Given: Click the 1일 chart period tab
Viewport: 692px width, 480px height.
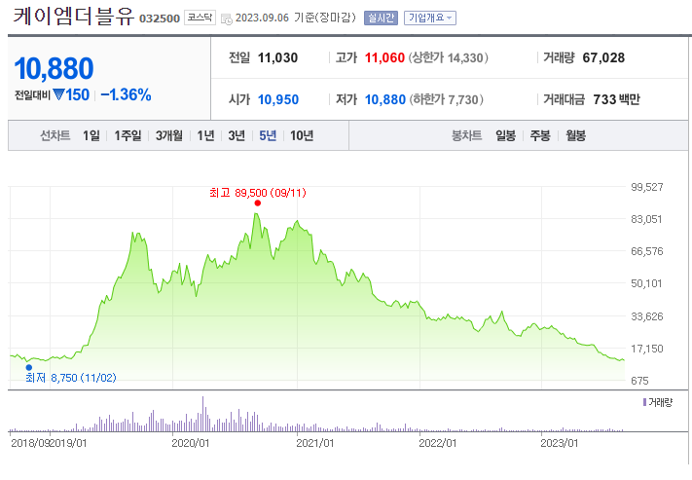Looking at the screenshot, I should tap(91, 135).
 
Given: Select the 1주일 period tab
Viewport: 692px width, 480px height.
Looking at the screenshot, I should tap(127, 135).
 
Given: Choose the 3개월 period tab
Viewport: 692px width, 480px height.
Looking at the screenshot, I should tap(168, 135).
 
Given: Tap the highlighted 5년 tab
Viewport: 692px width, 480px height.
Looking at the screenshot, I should tap(267, 135).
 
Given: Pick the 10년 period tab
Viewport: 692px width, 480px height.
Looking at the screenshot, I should tap(302, 135).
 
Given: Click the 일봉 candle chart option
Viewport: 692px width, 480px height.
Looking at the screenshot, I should tap(505, 135).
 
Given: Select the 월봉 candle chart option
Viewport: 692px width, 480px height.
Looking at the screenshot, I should tap(575, 135).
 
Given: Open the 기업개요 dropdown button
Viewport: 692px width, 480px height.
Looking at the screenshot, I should tap(429, 18).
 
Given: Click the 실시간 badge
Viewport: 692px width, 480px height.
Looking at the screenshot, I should tap(380, 18).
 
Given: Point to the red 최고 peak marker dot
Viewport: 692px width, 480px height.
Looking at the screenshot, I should tap(257, 203).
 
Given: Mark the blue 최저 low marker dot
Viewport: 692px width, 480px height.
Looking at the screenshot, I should tap(28, 367).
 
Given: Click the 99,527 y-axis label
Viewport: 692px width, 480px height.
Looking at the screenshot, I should tap(647, 187).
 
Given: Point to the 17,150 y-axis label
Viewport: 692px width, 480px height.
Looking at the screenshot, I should tap(647, 348).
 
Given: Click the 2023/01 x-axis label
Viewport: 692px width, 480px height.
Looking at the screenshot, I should tap(560, 443).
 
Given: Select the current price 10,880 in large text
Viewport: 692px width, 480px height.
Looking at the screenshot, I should tap(55, 68).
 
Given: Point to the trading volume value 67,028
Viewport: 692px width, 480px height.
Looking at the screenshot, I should tap(603, 57).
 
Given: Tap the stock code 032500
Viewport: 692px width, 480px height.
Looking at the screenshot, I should tap(160, 18).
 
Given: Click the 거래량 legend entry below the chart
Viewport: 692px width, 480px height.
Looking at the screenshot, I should tap(660, 402).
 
